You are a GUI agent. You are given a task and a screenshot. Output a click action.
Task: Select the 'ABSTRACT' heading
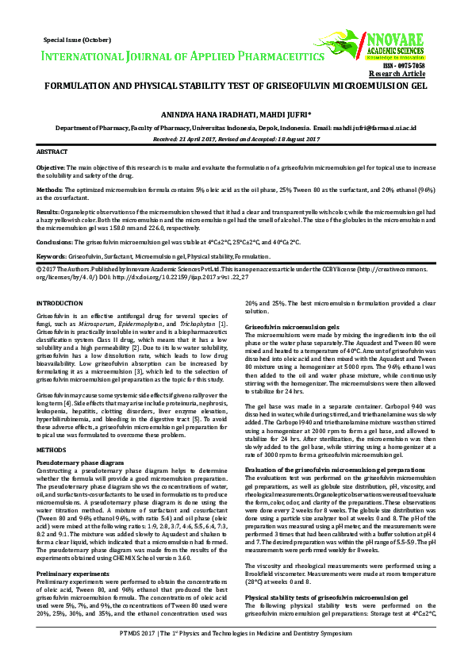53,151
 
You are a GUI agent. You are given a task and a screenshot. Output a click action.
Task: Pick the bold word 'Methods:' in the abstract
51,190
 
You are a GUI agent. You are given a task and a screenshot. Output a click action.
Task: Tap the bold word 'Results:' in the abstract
48,213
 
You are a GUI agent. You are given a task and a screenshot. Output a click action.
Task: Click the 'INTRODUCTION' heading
59,303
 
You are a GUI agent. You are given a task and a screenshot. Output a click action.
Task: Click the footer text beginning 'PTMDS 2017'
236,655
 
